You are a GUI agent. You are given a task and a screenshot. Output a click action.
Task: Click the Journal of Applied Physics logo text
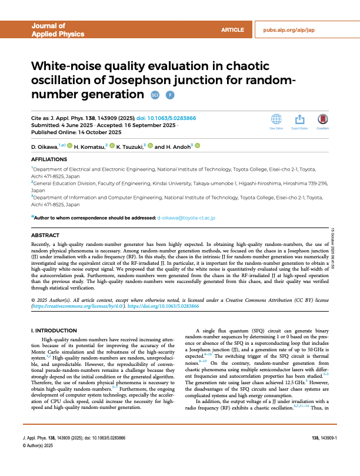(49, 30)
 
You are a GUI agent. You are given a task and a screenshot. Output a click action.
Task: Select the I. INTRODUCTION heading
(54, 331)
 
